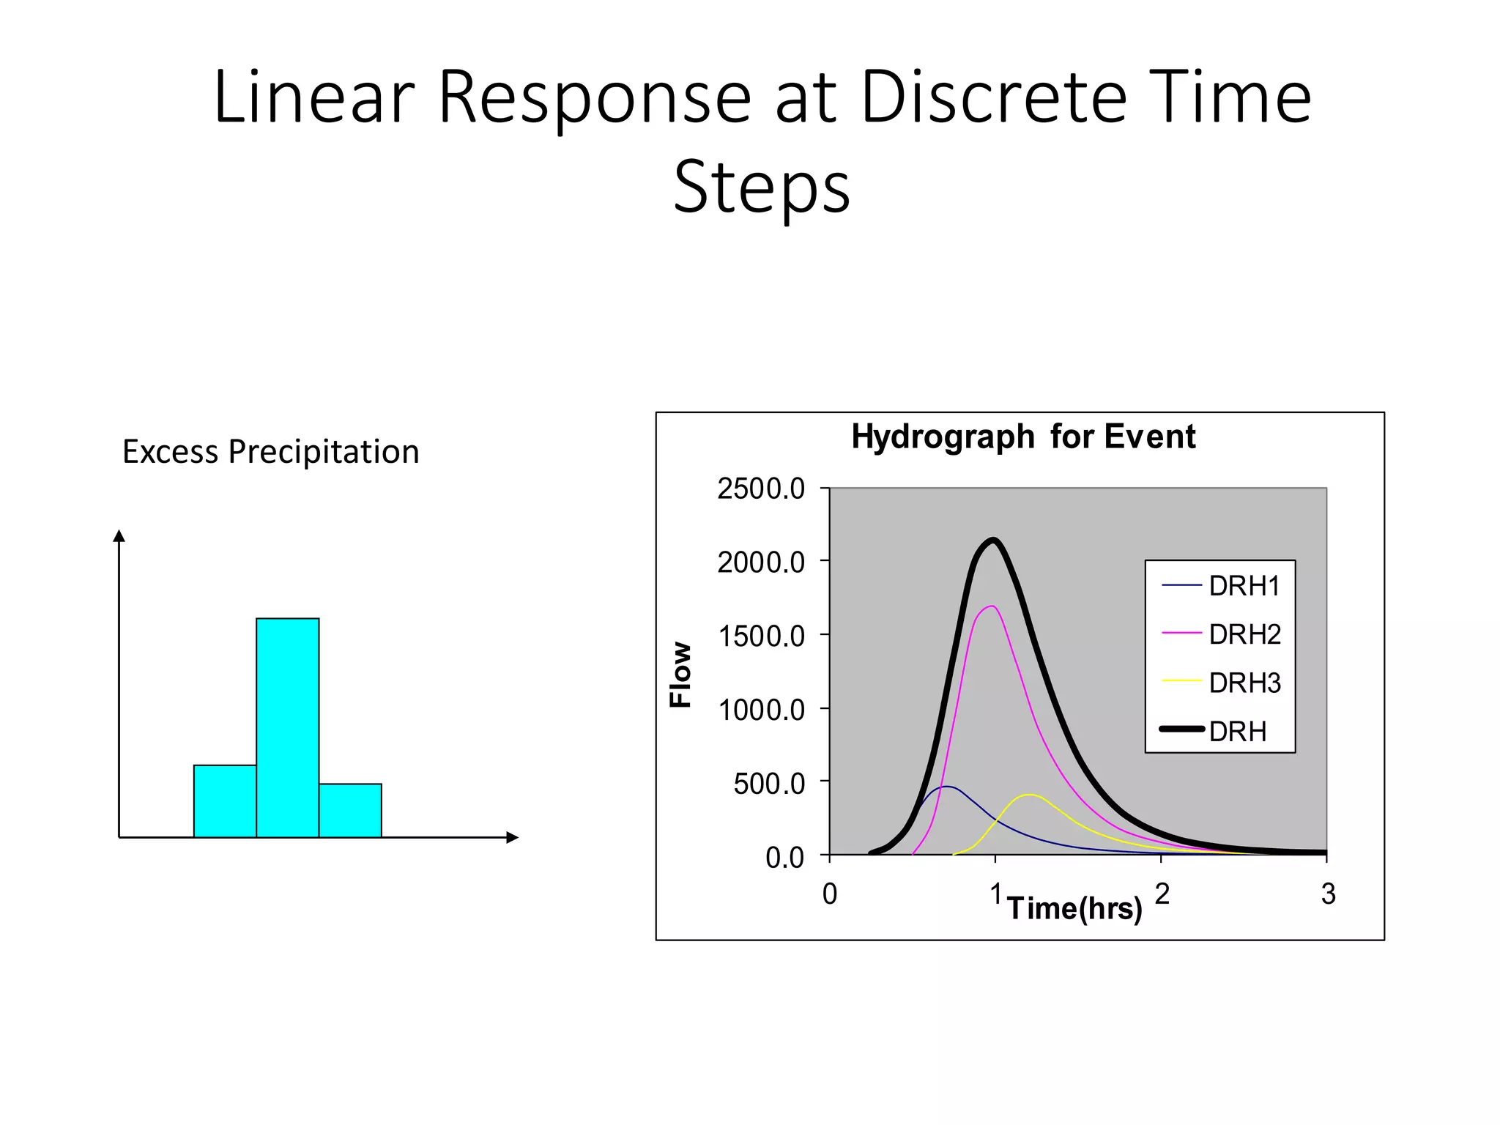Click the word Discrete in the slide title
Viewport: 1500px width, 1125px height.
click(993, 97)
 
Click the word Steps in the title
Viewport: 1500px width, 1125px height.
click(762, 187)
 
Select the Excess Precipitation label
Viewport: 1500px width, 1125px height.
click(270, 452)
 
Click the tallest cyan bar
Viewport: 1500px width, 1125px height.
click(287, 727)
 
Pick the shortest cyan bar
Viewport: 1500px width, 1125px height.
click(350, 810)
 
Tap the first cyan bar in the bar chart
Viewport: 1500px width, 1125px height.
click(225, 801)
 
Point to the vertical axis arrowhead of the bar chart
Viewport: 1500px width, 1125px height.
click(119, 535)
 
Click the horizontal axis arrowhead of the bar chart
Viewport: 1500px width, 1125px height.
click(513, 837)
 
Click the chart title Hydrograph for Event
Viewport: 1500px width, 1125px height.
click(1022, 437)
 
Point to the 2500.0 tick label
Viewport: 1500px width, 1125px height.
click(761, 489)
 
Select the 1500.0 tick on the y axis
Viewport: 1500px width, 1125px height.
click(761, 636)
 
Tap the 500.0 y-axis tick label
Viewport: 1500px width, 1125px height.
click(768, 784)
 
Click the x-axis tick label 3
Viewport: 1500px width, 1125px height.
click(1328, 894)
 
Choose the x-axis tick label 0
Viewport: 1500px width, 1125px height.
click(829, 894)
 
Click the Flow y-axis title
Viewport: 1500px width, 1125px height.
click(681, 674)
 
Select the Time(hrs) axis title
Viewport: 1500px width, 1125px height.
click(1074, 908)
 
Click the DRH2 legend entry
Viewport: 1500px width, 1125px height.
click(1244, 634)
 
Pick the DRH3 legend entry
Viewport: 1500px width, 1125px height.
click(1244, 683)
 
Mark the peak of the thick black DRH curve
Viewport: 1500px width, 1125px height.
click(994, 541)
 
